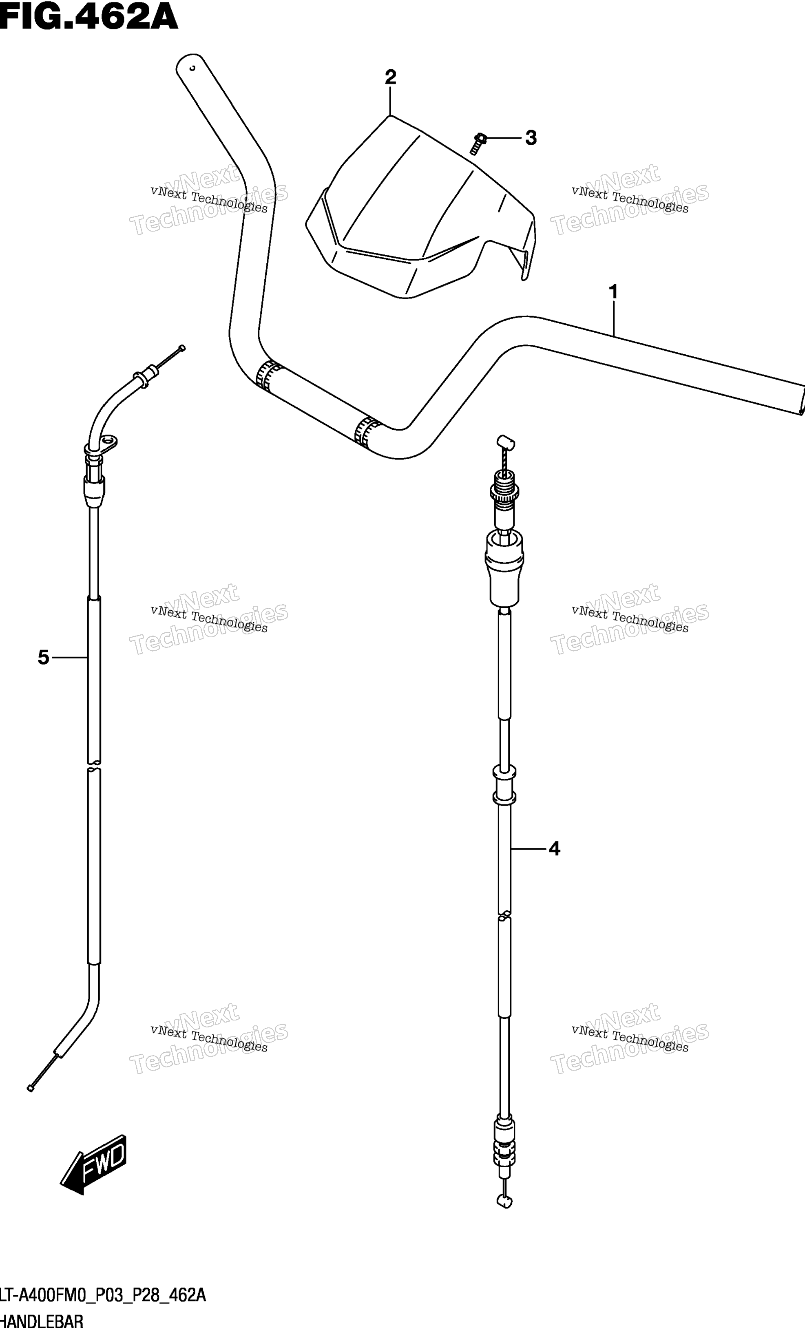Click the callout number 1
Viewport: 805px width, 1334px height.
[x=613, y=292]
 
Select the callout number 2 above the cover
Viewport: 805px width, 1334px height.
[x=390, y=77]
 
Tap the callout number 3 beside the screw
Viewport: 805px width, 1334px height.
[x=531, y=138]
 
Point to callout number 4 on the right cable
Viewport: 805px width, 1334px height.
[x=554, y=849]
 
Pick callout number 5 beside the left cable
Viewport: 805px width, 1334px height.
[x=43, y=658]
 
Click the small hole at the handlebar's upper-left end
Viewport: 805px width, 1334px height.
[x=192, y=68]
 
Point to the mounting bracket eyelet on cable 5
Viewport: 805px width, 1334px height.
[x=108, y=443]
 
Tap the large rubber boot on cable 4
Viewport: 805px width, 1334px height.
[x=505, y=568]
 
